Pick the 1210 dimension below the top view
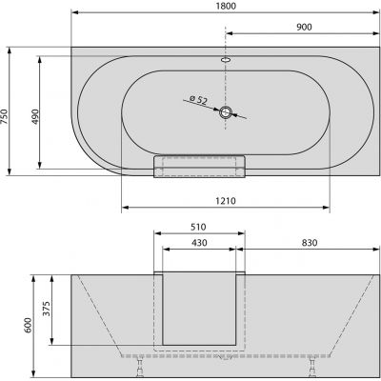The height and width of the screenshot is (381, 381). coord(226,201)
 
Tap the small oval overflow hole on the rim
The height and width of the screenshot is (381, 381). coord(227,59)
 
